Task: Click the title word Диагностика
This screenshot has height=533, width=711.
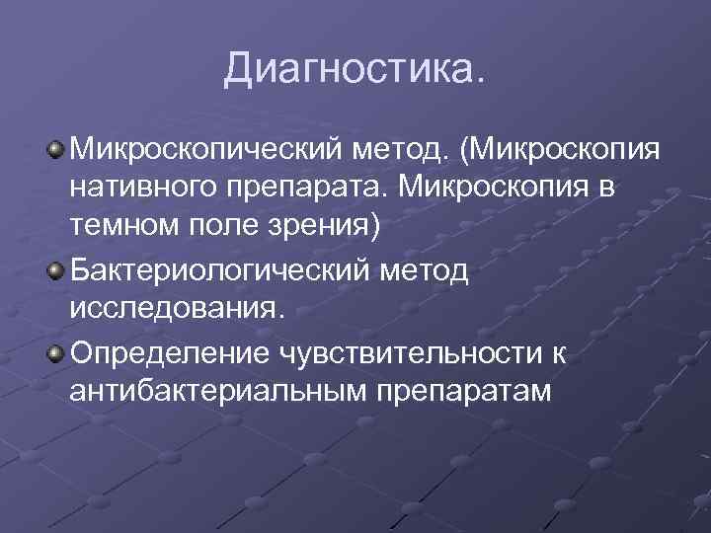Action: point(355,69)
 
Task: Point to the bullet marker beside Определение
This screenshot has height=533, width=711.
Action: point(56,352)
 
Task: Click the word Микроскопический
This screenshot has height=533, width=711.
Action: point(203,151)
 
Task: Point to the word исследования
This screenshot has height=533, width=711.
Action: point(177,310)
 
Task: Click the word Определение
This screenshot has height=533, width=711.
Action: point(171,351)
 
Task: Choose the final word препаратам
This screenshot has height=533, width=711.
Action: point(465,392)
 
